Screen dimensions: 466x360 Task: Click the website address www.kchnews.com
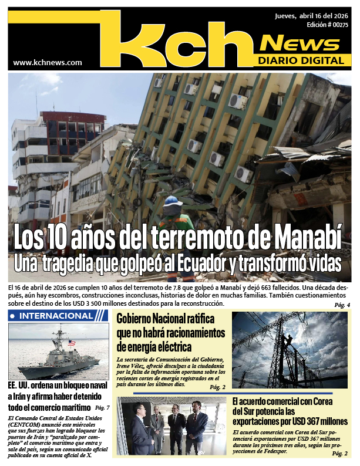[x=47, y=62]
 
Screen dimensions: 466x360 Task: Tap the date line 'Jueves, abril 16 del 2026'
[x=312, y=16]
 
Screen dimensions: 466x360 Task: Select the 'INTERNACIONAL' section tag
[x=56, y=316]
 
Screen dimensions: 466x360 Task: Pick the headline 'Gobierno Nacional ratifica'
[x=166, y=320]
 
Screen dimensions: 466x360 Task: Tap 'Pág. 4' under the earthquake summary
[x=342, y=305]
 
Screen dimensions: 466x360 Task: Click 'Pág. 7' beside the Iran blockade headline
[x=102, y=407]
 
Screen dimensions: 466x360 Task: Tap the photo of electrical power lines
[x=290, y=349]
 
